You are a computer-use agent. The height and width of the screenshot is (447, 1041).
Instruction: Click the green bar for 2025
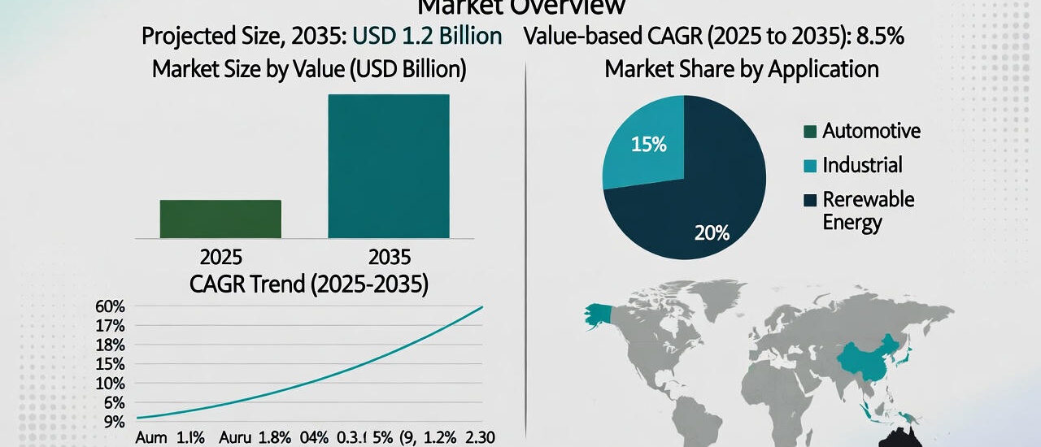(x=220, y=219)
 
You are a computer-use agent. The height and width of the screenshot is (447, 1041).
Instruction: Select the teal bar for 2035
(x=388, y=166)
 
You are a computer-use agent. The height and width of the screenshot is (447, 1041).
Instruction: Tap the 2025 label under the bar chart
(x=220, y=258)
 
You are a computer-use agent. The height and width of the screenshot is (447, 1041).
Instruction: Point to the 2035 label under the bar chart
(x=389, y=258)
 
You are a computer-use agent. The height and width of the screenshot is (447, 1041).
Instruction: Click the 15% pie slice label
(x=648, y=145)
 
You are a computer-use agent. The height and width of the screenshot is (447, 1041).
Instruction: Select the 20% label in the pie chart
(x=712, y=233)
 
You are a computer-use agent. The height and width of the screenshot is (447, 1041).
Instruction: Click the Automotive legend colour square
(x=808, y=131)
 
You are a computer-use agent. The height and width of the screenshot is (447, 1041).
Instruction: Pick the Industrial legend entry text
(x=862, y=165)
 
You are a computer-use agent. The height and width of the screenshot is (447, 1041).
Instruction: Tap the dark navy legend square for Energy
(x=808, y=200)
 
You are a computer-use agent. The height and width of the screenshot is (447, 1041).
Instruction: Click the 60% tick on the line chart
(x=110, y=307)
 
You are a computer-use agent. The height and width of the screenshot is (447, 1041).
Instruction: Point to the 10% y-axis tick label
(x=110, y=384)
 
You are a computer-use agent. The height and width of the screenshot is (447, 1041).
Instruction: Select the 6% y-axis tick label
(x=113, y=403)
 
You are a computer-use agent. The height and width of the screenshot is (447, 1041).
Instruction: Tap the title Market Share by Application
(x=741, y=69)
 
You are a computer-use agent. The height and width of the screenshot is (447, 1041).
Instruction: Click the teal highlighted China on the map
(x=870, y=362)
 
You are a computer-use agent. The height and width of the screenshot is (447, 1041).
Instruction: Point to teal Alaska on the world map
(x=598, y=315)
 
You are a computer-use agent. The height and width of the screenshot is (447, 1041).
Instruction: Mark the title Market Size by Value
(x=309, y=69)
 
